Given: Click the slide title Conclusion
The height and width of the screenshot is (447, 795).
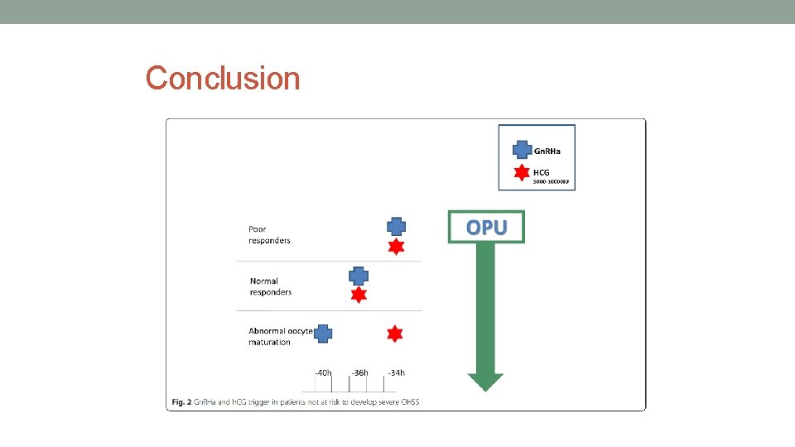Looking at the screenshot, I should tap(223, 79).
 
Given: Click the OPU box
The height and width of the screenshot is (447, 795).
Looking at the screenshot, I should tap(486, 227).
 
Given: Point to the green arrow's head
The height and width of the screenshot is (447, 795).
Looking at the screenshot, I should tap(485, 381).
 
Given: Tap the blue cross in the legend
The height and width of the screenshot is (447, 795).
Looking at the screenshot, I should tap(522, 150).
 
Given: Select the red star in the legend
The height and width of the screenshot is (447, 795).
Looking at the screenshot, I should tap(522, 173).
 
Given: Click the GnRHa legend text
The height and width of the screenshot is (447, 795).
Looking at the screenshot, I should tap(547, 151).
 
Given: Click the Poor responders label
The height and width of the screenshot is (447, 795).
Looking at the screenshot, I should tap(269, 234).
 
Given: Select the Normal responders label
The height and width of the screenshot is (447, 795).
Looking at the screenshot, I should tap(271, 286).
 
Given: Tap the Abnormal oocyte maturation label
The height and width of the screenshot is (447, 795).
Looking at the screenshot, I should tap(280, 336).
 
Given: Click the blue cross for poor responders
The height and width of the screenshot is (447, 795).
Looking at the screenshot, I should tap(397, 226).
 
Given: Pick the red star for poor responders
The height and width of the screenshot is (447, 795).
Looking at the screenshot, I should tap(397, 247).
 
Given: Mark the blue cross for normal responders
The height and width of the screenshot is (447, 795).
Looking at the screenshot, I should tap(358, 276).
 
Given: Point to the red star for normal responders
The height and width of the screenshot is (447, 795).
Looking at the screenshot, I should tap(358, 295).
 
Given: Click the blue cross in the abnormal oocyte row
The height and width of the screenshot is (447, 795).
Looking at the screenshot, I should tap(323, 334).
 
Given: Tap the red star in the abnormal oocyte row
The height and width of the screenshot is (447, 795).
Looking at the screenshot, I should tap(395, 334).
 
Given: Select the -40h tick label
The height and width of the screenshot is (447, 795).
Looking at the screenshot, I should tap(323, 372).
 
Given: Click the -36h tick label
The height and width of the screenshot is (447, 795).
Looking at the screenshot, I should tap(359, 372).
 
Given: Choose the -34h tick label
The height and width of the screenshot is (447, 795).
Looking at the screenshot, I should tap(396, 372).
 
